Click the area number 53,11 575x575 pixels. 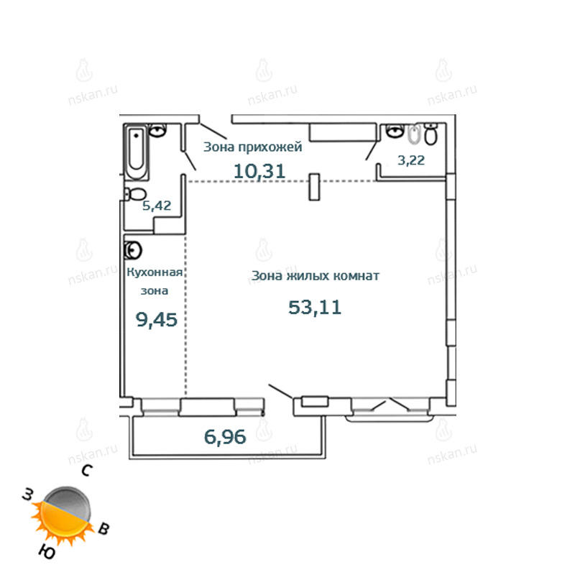click(315, 308)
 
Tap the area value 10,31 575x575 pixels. click(259, 171)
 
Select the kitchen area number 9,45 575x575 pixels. click(157, 320)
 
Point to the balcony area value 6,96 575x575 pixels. click(225, 437)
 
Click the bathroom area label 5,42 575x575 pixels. click(157, 206)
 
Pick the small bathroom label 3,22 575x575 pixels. click(411, 160)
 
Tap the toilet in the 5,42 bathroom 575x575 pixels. click(135, 194)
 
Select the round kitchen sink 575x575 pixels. click(133, 251)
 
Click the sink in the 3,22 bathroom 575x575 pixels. click(395, 131)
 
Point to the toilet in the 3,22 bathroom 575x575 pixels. click(431, 134)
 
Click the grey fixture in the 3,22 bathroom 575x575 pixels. click(415, 134)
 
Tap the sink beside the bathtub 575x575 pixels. click(157, 130)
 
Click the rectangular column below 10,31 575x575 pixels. click(314, 187)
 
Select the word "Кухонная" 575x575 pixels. click(155, 272)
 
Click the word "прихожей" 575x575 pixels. click(270, 147)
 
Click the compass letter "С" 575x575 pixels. click(87, 470)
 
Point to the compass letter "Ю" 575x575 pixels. click(47, 551)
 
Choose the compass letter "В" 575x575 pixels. click(103, 528)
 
